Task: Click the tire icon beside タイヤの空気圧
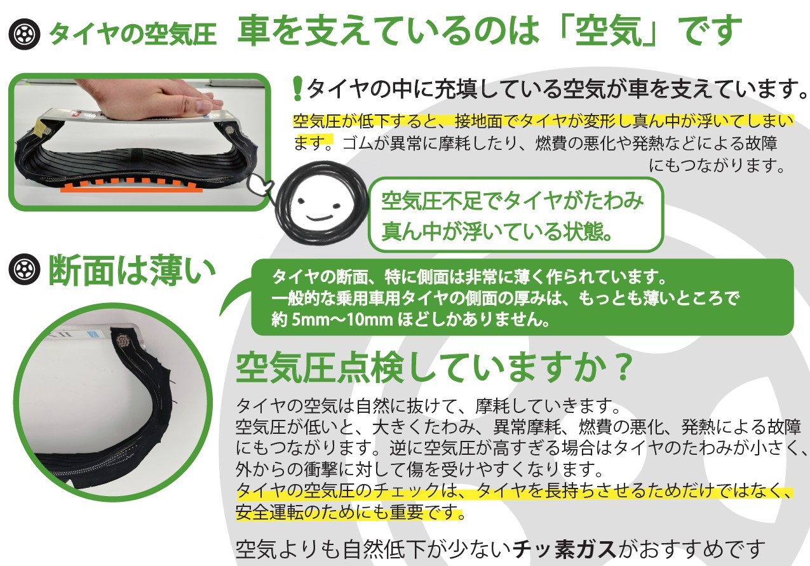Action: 24,34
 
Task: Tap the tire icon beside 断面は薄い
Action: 24,269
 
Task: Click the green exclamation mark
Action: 297,88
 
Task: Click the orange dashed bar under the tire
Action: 128,185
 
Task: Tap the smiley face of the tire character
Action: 320,209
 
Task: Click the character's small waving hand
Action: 259,185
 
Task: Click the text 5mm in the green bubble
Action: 307,320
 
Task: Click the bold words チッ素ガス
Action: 564,549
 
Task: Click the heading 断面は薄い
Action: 132,270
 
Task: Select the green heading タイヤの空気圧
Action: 133,34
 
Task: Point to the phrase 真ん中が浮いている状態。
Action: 497,231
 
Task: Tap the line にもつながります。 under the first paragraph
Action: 716,166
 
